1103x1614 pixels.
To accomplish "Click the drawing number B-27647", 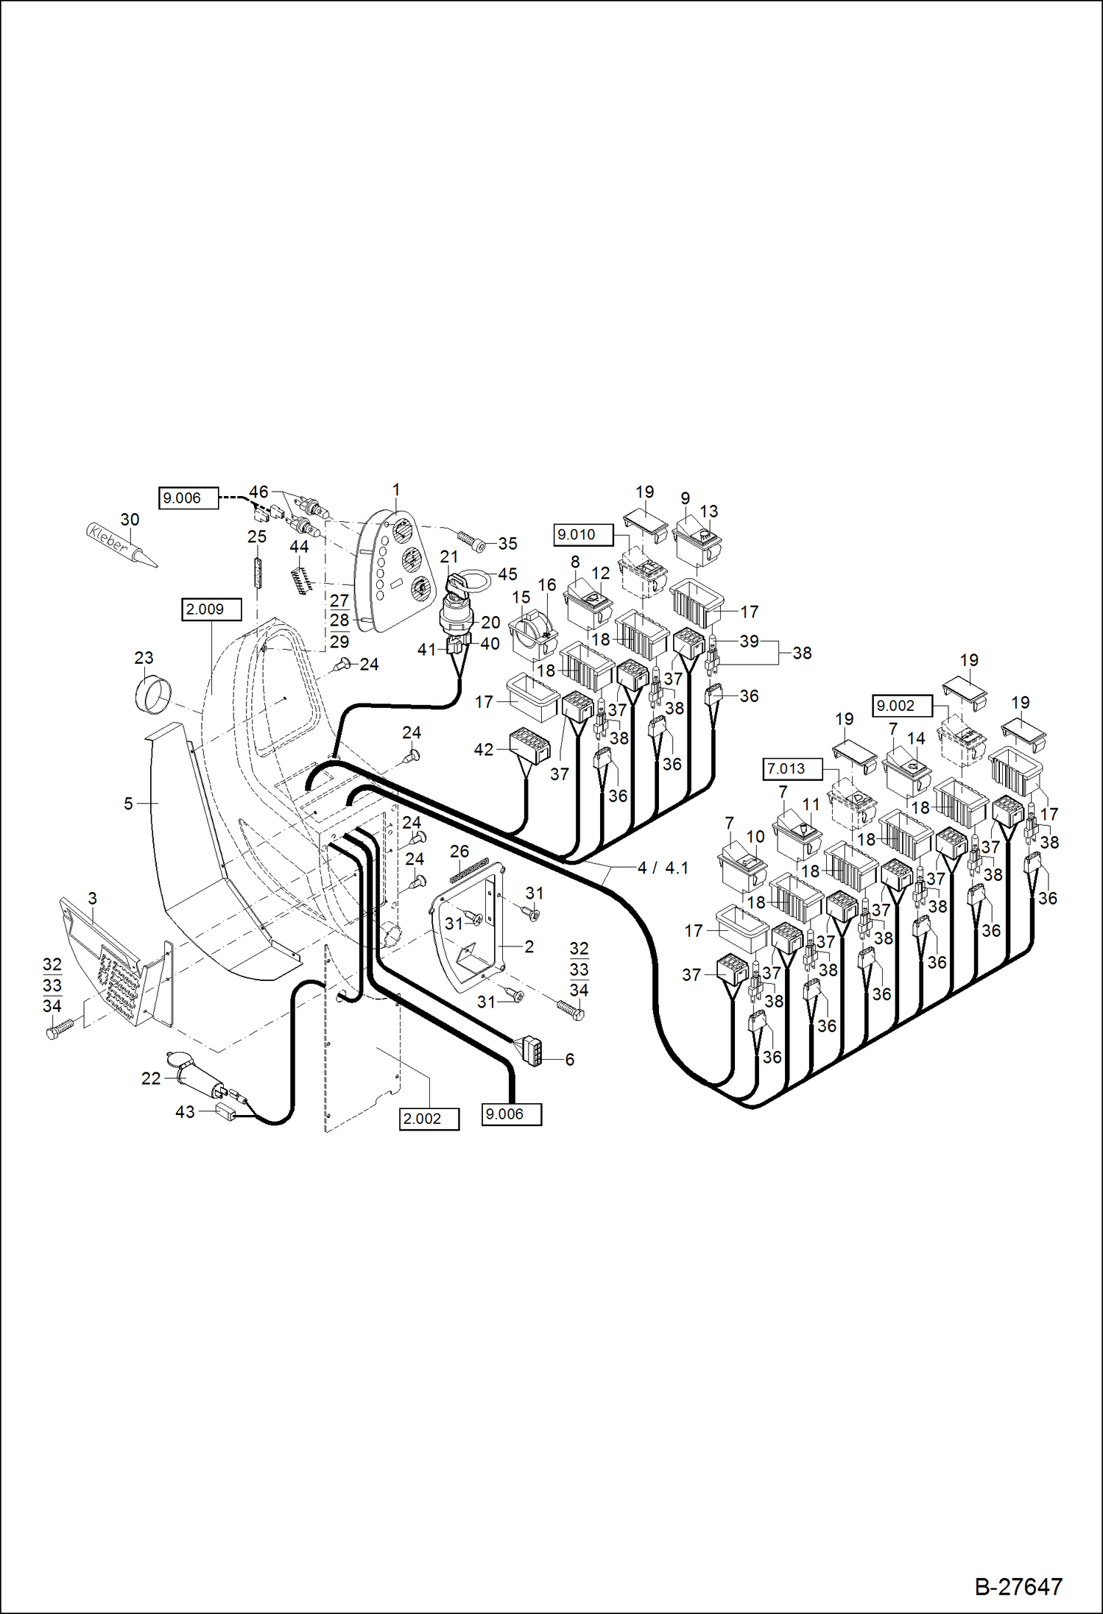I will tap(1018, 1586).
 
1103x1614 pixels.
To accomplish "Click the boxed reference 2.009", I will tap(211, 609).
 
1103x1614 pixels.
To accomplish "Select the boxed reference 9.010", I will tap(582, 534).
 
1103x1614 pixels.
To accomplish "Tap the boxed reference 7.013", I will tap(792, 768).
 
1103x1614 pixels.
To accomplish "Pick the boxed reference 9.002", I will tap(902, 705).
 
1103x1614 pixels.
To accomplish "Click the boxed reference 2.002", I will tap(429, 1119).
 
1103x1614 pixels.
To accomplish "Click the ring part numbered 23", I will tap(153, 695).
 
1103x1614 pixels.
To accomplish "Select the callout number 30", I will tap(130, 519).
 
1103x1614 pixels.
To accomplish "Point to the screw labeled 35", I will tap(471, 543).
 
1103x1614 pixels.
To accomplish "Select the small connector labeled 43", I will tap(227, 1112).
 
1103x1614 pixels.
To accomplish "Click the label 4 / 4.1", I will tap(663, 868).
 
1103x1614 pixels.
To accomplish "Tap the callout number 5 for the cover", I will tap(128, 803).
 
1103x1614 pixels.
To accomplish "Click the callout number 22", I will tap(151, 1078).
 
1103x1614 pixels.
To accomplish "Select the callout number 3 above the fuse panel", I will tap(92, 898).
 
